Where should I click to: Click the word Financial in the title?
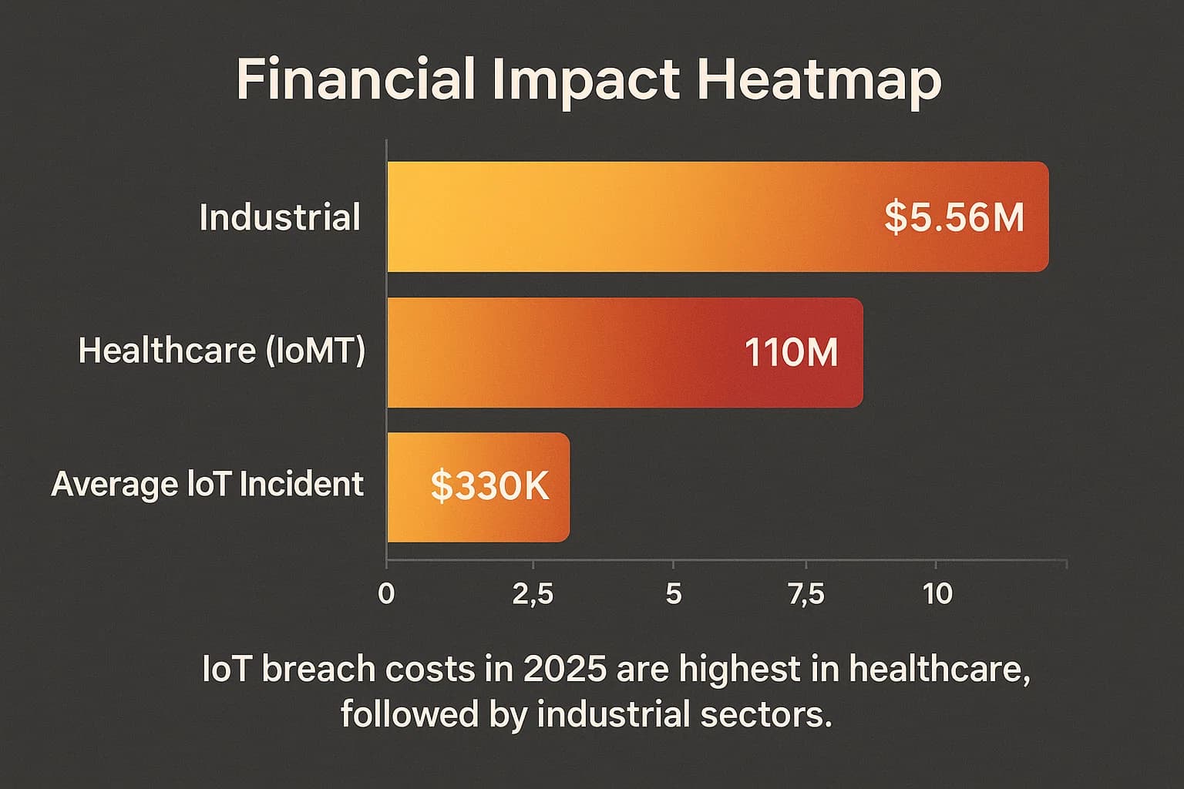click(x=355, y=79)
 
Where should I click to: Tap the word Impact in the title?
click(x=586, y=79)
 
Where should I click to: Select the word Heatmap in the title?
click(x=819, y=79)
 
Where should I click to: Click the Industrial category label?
click(x=280, y=217)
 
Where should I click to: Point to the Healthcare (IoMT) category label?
click(x=222, y=351)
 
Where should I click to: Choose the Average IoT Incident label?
click(x=207, y=485)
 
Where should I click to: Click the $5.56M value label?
click(x=954, y=217)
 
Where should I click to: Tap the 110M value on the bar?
click(x=791, y=353)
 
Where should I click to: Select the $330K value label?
click(x=489, y=486)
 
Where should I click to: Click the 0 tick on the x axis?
click(x=387, y=594)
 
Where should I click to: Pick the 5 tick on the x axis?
click(x=674, y=594)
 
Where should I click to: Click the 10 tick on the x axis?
click(x=937, y=594)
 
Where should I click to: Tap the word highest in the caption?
click(x=739, y=669)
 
